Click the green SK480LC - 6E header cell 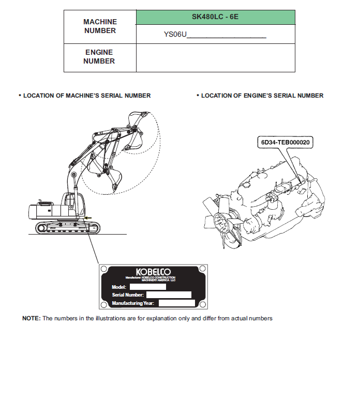pos(215,17)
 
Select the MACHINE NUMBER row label pos(100,26)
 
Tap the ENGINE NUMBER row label pos(99,57)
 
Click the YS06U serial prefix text pos(174,35)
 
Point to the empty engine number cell pos(215,57)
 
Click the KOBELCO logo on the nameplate pos(153,272)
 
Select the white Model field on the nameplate pos(147,287)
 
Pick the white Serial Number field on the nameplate pos(169,295)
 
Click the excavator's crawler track pos(67,227)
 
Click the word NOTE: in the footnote pos(31,318)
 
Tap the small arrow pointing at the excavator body pos(88,218)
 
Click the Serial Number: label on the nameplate pos(128,295)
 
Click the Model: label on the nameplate pos(119,287)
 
